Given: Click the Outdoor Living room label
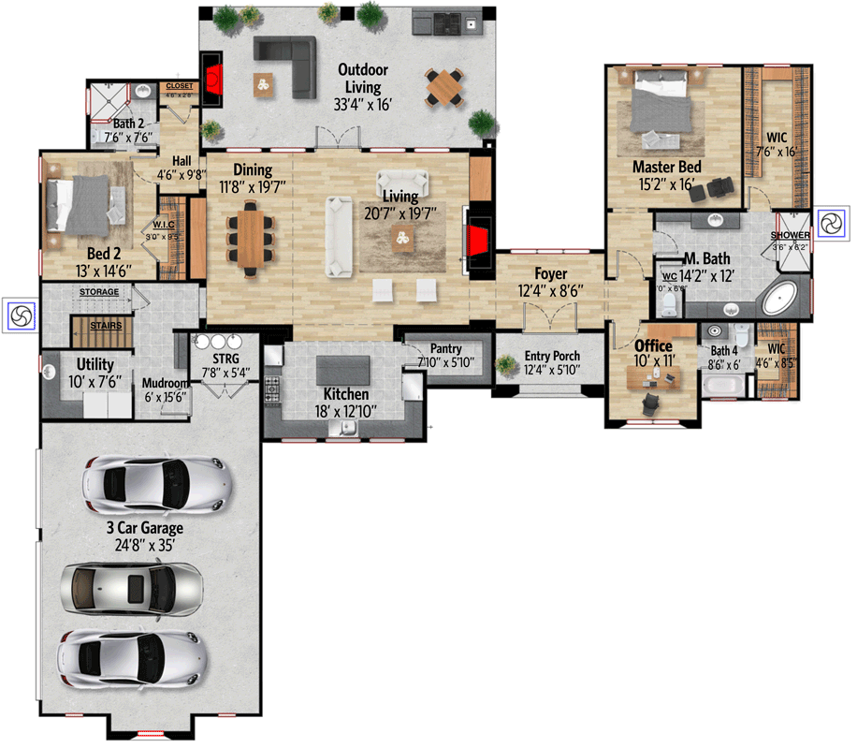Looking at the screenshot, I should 363,69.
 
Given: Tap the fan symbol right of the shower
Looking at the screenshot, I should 830,223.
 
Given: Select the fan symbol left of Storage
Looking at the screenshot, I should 18,315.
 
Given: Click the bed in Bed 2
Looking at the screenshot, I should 86,203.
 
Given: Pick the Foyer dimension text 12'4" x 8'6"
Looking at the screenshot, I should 550,291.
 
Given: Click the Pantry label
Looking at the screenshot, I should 445,349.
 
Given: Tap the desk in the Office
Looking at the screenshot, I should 651,375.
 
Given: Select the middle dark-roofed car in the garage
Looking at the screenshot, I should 131,587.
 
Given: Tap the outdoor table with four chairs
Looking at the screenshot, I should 445,86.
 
